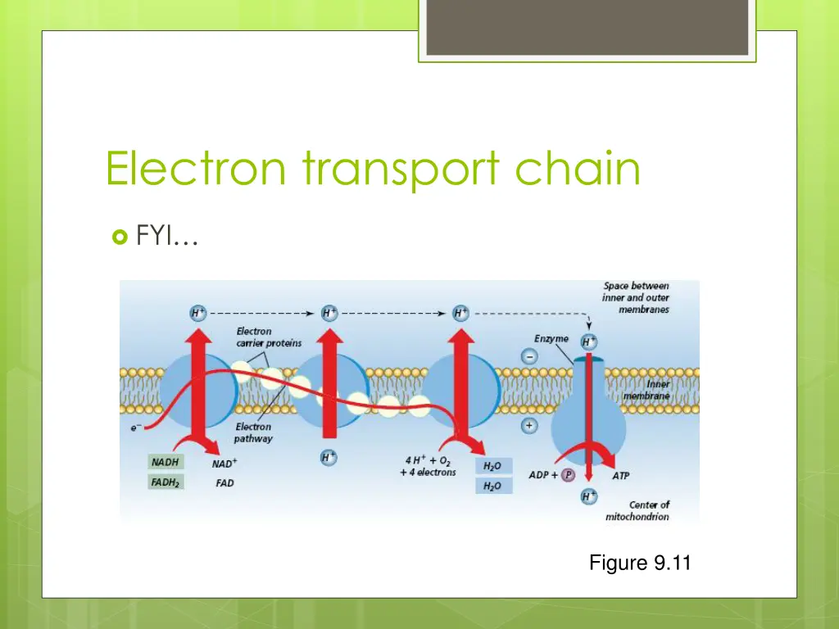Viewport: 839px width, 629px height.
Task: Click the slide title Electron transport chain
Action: point(373,169)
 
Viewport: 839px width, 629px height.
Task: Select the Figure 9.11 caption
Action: point(640,563)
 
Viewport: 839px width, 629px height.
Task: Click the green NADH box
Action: point(166,463)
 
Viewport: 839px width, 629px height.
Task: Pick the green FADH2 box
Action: point(166,482)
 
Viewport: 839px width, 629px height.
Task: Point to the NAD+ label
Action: point(224,464)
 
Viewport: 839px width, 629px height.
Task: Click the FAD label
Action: point(224,483)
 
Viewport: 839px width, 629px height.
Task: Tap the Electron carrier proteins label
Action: point(268,337)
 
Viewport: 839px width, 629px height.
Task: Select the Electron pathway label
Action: point(254,432)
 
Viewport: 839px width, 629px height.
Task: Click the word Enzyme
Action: point(551,339)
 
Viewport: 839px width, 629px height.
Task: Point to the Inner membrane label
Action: point(647,390)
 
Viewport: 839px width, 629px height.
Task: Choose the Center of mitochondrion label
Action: point(637,510)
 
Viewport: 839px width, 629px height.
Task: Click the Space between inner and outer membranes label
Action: point(636,298)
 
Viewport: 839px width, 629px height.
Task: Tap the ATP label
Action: point(621,475)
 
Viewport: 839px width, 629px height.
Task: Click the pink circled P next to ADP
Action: point(567,475)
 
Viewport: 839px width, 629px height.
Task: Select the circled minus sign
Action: point(529,357)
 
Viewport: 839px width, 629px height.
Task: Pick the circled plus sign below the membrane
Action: point(529,427)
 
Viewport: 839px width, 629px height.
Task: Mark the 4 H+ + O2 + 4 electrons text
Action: point(428,465)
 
